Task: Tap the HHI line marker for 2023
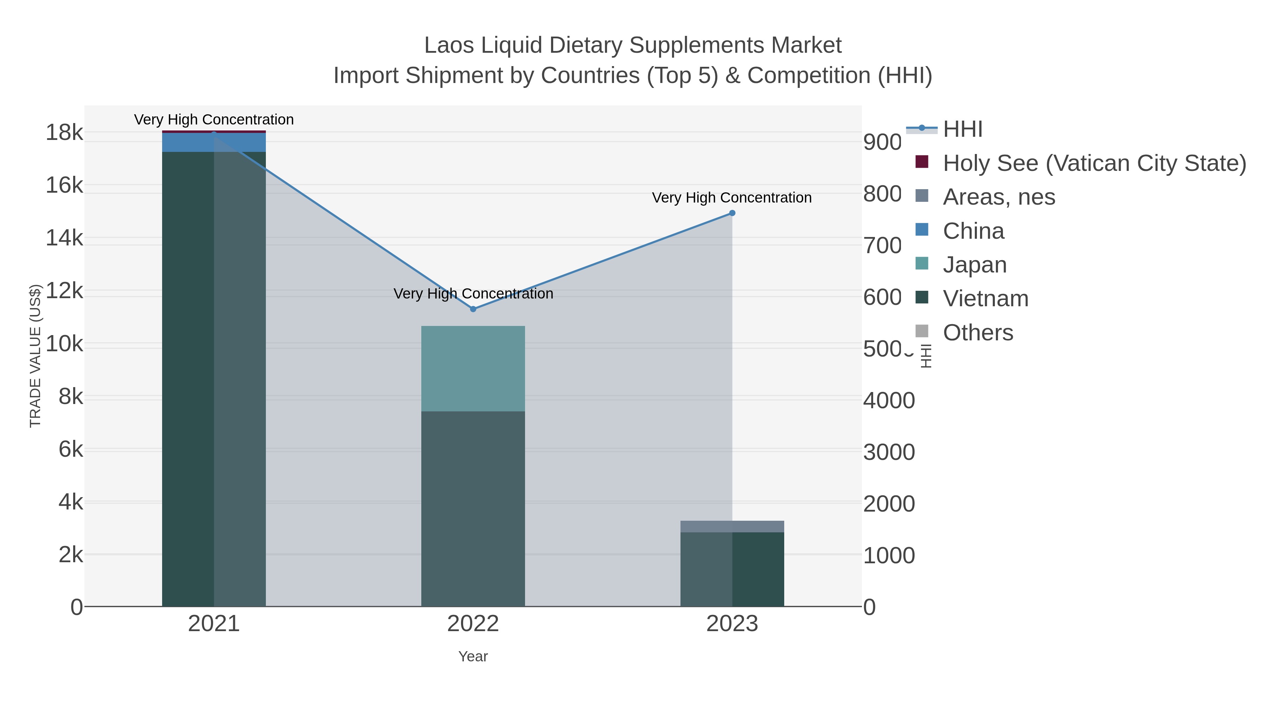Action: coord(732,213)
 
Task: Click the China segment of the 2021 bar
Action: coord(214,142)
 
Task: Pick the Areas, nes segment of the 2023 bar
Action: coord(732,526)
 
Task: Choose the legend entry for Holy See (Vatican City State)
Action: coord(1094,163)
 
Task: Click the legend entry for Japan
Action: coord(974,265)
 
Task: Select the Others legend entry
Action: coord(978,333)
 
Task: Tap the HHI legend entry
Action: coord(962,129)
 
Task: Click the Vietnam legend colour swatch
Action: coord(922,297)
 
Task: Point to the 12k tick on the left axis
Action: coord(64,291)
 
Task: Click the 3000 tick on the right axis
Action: coord(889,452)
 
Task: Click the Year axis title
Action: coord(473,656)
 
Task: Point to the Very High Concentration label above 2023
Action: coord(731,198)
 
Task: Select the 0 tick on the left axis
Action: coord(77,607)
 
